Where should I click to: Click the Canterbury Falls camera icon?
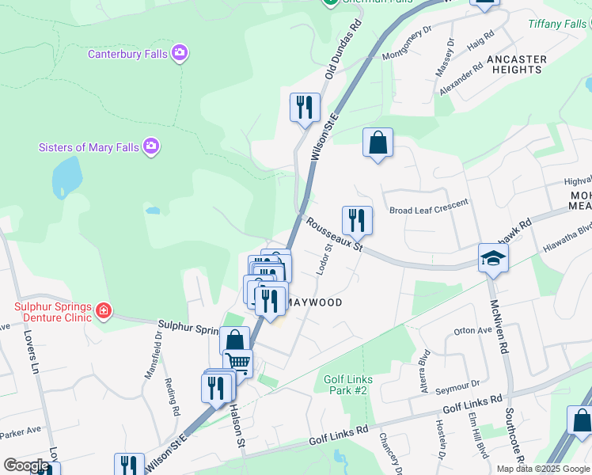click(180, 54)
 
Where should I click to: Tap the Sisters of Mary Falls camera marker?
click(151, 146)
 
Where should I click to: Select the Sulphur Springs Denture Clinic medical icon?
click(104, 310)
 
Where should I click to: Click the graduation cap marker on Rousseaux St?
click(492, 258)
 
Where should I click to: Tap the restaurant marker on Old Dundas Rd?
click(305, 107)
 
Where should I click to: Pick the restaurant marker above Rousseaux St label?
click(357, 221)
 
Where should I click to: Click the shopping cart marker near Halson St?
click(237, 363)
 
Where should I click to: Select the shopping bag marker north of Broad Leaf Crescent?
click(378, 143)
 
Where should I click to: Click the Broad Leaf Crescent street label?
click(429, 210)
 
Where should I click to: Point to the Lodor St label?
click(323, 260)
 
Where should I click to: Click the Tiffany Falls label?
click(559, 24)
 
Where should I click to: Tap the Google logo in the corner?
click(25, 465)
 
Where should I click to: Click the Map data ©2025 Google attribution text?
click(542, 469)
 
